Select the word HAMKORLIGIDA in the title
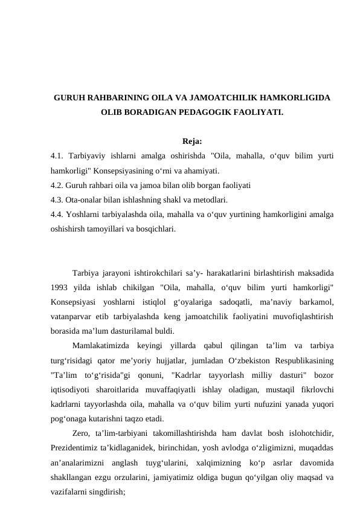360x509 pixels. tap(295, 97)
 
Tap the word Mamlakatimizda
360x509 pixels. tap(100, 345)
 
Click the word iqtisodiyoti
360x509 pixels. tap(71, 389)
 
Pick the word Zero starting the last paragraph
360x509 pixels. tap(80, 433)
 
